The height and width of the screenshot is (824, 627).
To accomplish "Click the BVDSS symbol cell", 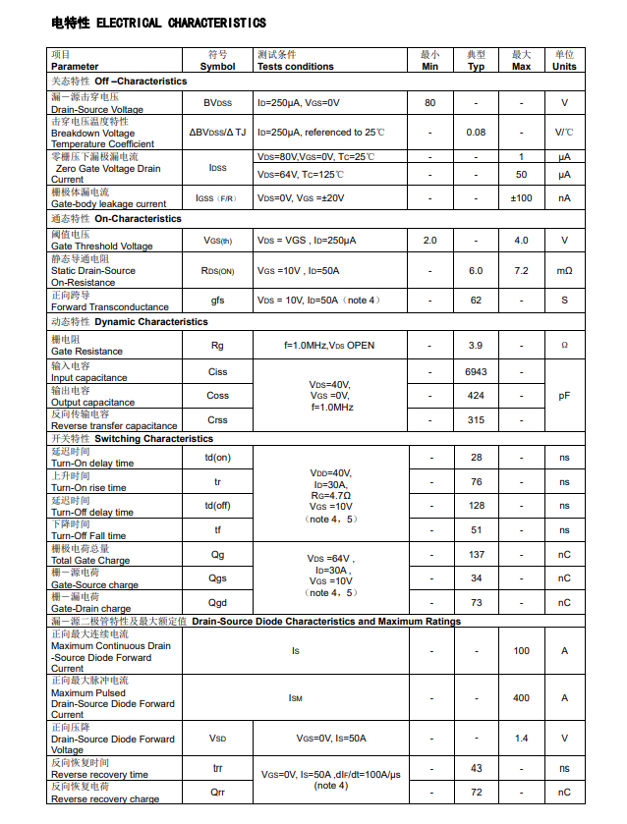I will tap(217, 102).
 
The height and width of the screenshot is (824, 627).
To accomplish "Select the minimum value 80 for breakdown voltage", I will tap(429, 102).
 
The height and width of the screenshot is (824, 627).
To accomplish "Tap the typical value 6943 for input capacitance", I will tap(476, 372).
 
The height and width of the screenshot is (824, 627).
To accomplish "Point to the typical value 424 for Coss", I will tap(476, 396).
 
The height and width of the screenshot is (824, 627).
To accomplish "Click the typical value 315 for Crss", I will tap(476, 419).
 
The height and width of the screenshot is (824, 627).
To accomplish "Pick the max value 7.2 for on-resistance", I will tap(521, 270).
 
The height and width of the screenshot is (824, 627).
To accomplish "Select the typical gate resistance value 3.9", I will tap(476, 346).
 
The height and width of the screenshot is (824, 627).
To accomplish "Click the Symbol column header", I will tap(217, 61).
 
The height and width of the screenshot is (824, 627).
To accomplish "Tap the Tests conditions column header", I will tap(295, 61).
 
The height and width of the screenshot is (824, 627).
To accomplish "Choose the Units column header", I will tap(564, 61).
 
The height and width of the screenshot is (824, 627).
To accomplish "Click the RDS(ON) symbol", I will tap(217, 270).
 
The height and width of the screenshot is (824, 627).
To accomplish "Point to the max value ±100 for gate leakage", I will tap(521, 197).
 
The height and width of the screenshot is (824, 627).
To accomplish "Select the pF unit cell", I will tap(564, 396).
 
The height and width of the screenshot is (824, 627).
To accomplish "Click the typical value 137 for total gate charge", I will tap(476, 554).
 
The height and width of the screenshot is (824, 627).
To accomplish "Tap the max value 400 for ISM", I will tap(521, 697).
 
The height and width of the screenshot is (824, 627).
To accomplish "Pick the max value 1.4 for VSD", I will tap(521, 739).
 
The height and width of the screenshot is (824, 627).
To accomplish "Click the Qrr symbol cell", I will tap(217, 793).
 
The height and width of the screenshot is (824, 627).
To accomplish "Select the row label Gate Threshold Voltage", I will tap(102, 247).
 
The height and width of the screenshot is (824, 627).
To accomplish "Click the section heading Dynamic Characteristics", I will tap(151, 321).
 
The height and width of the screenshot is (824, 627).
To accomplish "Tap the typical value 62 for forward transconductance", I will tap(476, 301).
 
